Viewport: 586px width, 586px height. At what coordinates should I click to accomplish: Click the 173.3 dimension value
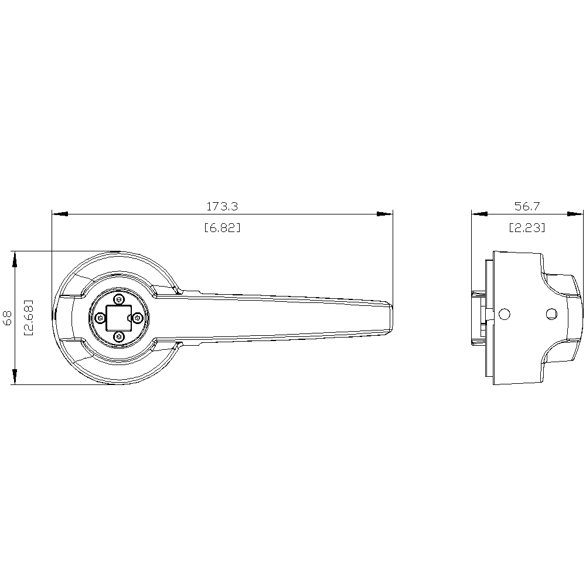point(222,206)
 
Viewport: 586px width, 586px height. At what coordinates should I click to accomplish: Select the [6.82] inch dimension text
point(222,227)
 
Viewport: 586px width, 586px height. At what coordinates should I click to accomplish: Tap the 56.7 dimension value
point(527,206)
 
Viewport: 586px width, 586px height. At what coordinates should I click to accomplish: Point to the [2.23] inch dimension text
point(527,227)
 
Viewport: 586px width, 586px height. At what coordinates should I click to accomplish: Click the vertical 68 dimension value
point(8,318)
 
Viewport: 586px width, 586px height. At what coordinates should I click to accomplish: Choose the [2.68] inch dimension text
point(28,318)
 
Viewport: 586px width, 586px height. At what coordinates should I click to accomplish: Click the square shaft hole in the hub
point(119,318)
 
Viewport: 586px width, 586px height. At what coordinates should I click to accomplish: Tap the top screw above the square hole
point(119,299)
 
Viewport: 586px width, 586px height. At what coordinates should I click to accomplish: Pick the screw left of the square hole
point(100,318)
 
